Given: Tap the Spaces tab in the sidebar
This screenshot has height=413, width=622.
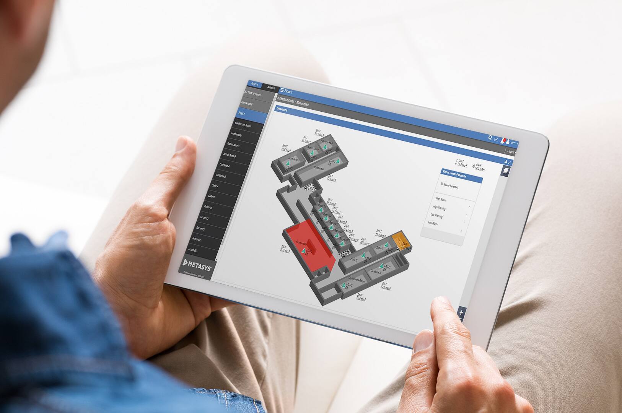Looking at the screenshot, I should (255, 84).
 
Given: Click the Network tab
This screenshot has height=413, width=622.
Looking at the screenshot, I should (271, 88).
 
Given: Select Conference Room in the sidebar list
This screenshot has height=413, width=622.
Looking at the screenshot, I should (243, 125).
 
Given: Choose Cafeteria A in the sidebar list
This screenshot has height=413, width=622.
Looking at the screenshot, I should (225, 166).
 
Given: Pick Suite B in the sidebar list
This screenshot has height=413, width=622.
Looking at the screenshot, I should (211, 197).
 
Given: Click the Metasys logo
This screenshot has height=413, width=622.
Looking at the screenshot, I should (197, 263).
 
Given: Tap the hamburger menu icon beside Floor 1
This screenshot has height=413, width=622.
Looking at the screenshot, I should (282, 91).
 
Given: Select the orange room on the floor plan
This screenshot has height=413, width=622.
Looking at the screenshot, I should (400, 240).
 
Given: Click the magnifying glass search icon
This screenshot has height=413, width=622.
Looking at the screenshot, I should (490, 138).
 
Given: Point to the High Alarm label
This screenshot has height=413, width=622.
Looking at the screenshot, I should (441, 200).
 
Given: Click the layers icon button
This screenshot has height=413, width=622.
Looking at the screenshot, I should (506, 171).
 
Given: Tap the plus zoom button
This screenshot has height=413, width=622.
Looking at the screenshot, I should (461, 312).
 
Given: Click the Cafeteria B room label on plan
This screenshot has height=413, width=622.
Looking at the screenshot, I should (319, 168).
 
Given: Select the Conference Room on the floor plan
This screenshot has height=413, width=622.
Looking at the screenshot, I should (357, 280).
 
